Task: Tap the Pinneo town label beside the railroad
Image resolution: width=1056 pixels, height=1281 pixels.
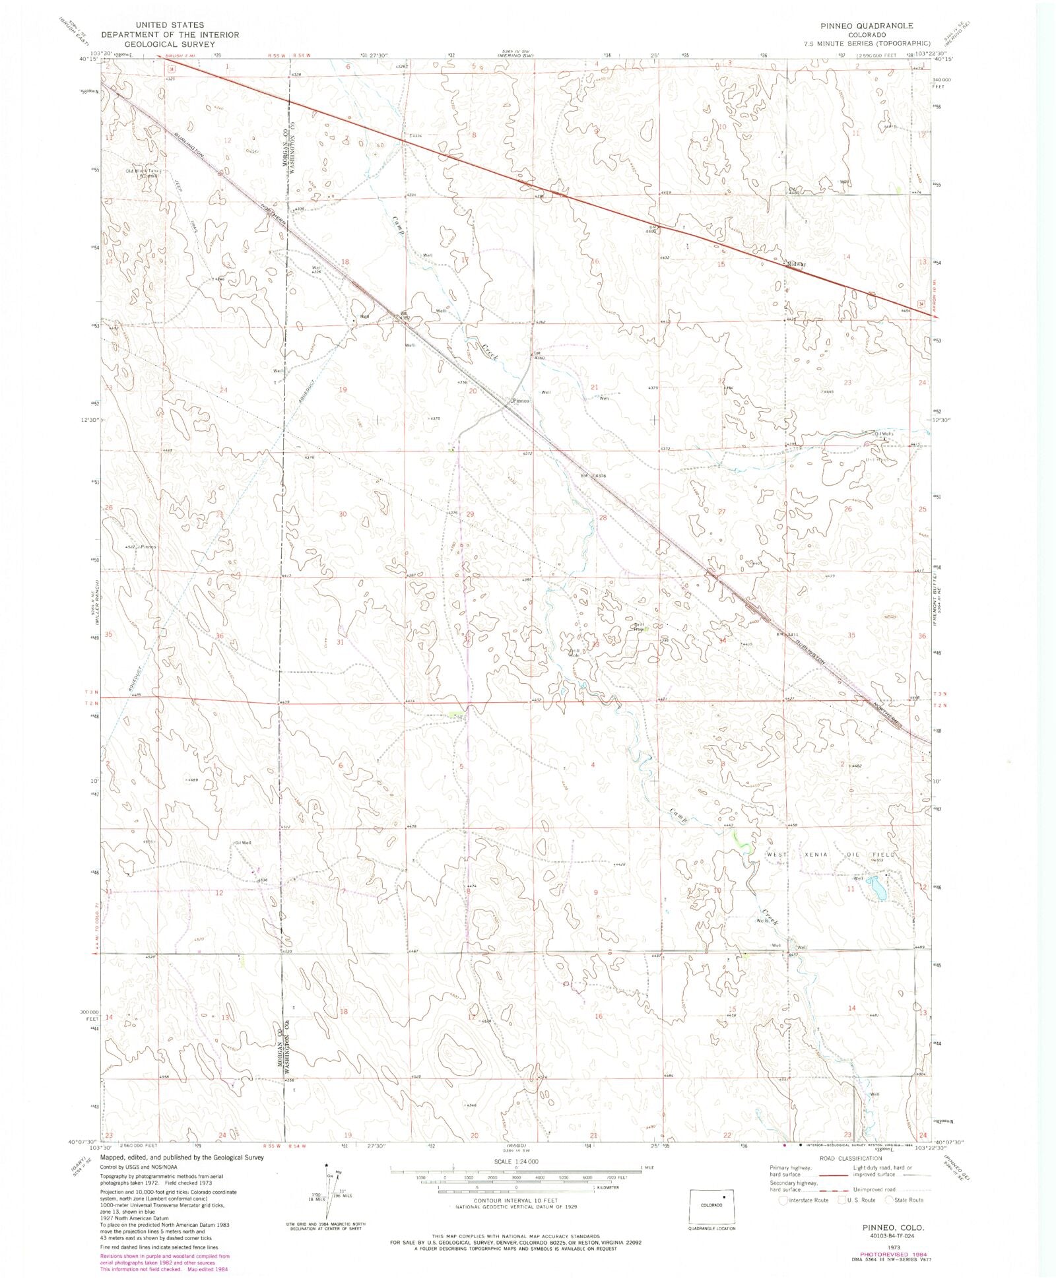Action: pyautogui.click(x=521, y=401)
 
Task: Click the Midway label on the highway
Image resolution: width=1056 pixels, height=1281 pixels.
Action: pyautogui.click(x=797, y=264)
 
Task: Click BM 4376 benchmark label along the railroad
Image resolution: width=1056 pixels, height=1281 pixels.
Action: pyautogui.click(x=593, y=475)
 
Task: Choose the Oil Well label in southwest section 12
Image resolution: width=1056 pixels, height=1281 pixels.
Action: pyautogui.click(x=243, y=843)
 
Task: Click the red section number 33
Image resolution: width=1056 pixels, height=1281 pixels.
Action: pyautogui.click(x=595, y=643)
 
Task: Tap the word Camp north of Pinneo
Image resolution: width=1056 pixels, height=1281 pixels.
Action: pyautogui.click(x=397, y=226)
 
